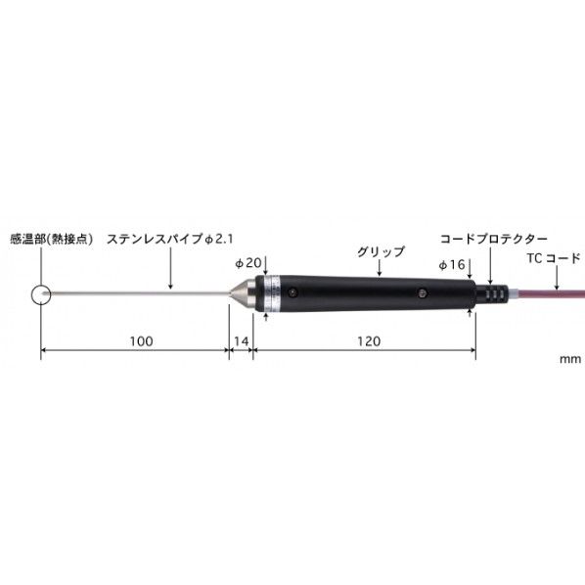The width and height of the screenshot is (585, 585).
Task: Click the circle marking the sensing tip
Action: point(40,293)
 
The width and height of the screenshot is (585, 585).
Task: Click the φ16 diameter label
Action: point(452,264)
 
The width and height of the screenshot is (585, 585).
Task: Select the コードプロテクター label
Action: point(493,238)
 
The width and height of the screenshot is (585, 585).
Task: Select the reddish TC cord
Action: point(548,293)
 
